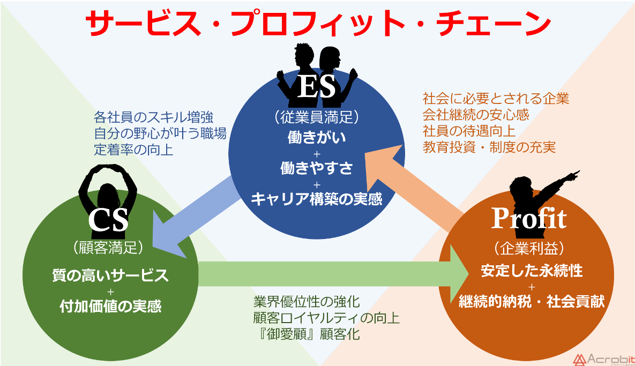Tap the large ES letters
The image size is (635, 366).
316,87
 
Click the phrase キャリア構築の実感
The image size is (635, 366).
316,199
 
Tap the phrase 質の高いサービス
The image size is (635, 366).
110,275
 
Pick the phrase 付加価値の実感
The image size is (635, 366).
110,307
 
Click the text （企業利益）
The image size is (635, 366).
528,248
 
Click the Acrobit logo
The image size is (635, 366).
602,358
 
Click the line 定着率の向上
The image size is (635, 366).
133,150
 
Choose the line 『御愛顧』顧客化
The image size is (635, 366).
307,335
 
